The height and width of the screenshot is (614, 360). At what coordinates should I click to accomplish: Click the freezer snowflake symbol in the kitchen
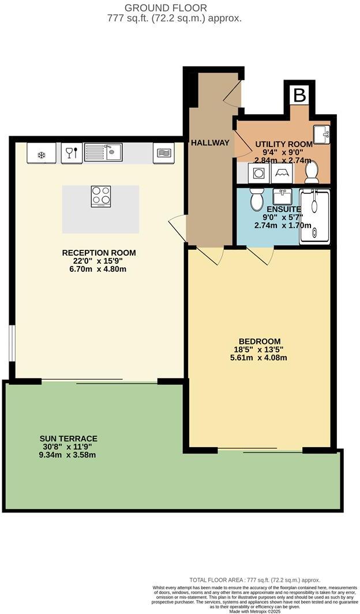41,154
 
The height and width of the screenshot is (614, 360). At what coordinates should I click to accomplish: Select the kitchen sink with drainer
104,152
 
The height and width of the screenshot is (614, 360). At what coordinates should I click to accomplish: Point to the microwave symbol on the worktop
163,153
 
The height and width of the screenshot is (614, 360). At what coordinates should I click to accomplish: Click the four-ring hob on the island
101,196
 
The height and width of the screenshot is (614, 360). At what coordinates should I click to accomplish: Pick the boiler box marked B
299,95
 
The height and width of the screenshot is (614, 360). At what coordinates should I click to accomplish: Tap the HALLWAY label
211,143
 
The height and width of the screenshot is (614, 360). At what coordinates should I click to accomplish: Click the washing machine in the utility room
257,172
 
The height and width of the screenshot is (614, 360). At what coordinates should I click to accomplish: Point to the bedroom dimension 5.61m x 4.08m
260,358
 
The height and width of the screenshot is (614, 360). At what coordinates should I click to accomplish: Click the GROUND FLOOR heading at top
174,8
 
